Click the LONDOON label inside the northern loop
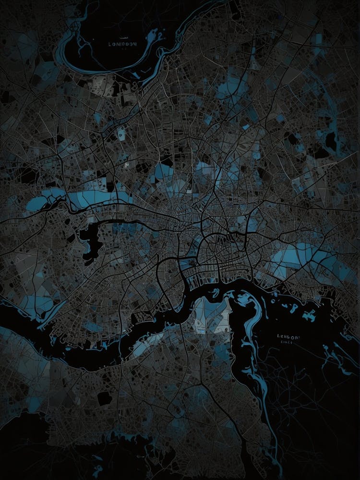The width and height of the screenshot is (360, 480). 123,44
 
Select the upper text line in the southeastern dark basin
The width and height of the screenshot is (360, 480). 288,337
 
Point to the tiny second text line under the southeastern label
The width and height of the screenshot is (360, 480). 286,343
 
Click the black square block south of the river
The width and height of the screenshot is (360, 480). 104,398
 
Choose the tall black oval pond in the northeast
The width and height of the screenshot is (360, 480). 331,140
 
